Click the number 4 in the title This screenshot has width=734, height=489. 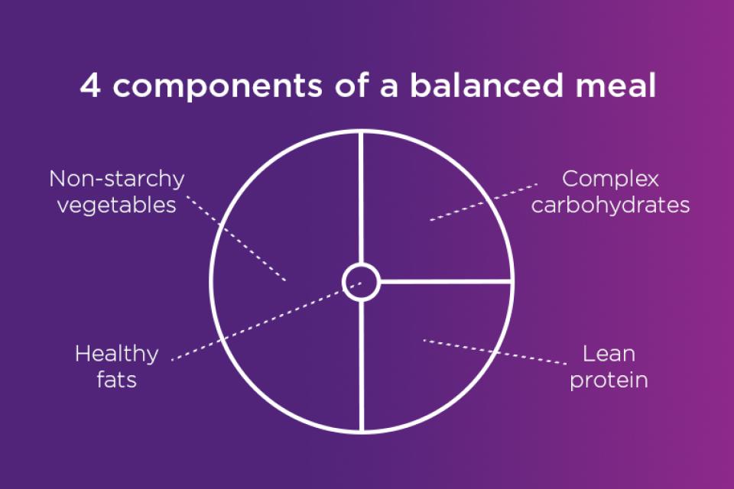(89, 86)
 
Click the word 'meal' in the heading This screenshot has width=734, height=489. (616, 86)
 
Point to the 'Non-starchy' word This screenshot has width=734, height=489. (117, 180)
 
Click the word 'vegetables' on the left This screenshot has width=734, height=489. (117, 206)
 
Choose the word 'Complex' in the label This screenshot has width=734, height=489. (610, 180)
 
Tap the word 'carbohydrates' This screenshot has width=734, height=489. (610, 206)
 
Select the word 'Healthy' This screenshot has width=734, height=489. (117, 355)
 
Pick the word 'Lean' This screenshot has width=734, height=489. (609, 355)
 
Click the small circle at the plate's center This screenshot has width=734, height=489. (360, 281)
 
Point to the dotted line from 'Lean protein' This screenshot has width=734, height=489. (497, 351)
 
